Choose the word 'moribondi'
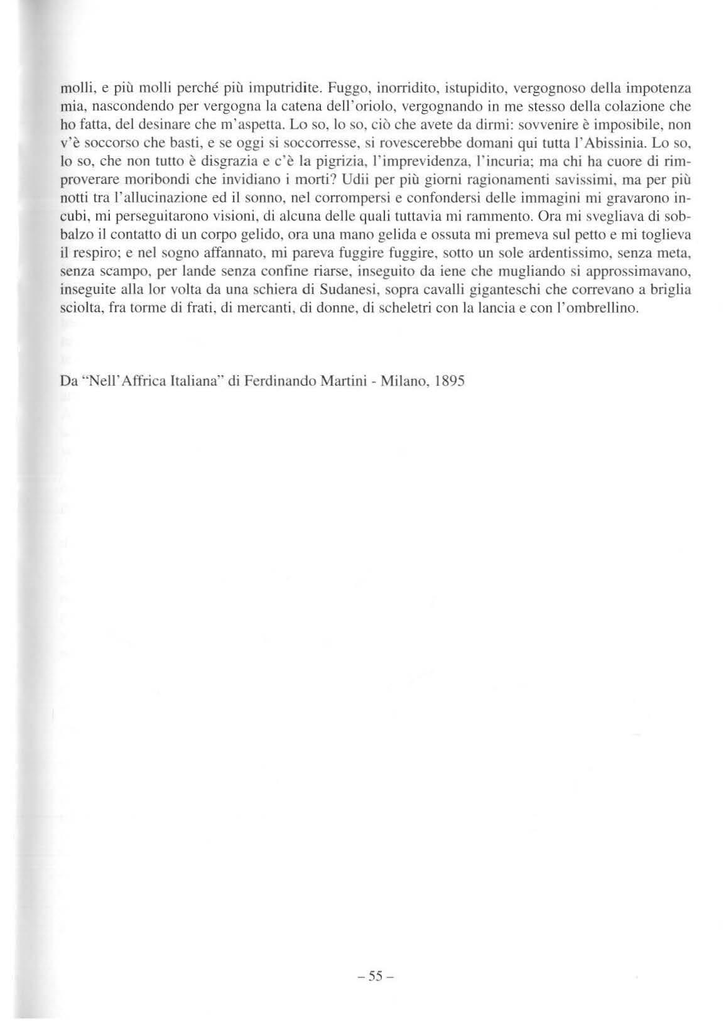[x=153, y=185]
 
